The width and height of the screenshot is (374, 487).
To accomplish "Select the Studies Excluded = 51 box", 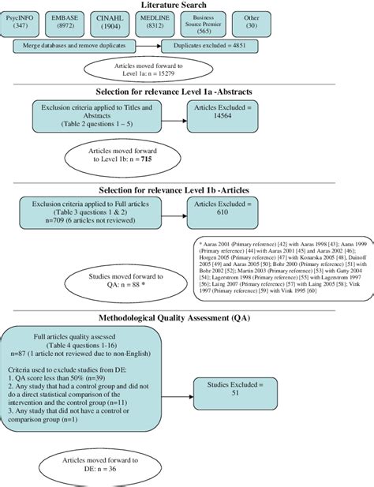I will coord(234,386).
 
